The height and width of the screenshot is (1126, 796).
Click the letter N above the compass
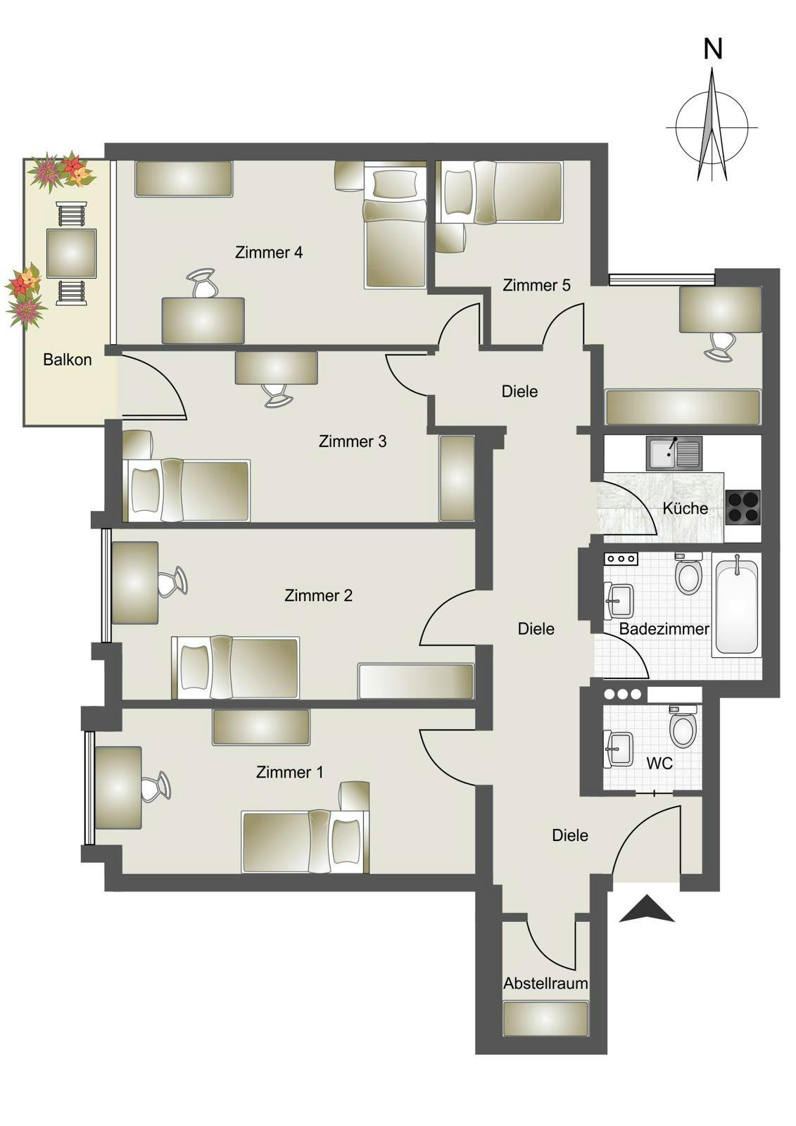pyautogui.click(x=714, y=49)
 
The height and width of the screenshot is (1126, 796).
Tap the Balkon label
pyautogui.click(x=68, y=360)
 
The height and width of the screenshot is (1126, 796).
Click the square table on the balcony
pyautogui.click(x=71, y=253)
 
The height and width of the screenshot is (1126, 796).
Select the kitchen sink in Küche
pyautogui.click(x=674, y=453)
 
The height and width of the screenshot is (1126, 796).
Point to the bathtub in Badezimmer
pyautogui.click(x=737, y=605)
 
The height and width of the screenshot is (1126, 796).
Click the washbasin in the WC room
pyautogui.click(x=619, y=748)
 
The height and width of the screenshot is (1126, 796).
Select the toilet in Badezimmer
pyautogui.click(x=688, y=574)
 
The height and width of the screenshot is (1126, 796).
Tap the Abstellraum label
pyautogui.click(x=545, y=983)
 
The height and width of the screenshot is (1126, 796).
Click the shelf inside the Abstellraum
pyautogui.click(x=545, y=1018)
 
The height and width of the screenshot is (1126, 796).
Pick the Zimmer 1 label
pyautogui.click(x=290, y=772)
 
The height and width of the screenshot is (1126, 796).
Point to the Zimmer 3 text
pyautogui.click(x=353, y=441)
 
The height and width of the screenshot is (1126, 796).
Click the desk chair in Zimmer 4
pyautogui.click(x=204, y=284)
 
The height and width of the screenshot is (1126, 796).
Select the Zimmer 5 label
pyautogui.click(x=536, y=285)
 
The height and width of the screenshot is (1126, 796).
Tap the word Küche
pyautogui.click(x=686, y=508)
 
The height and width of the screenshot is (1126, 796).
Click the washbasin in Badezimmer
pyautogui.click(x=619, y=600)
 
